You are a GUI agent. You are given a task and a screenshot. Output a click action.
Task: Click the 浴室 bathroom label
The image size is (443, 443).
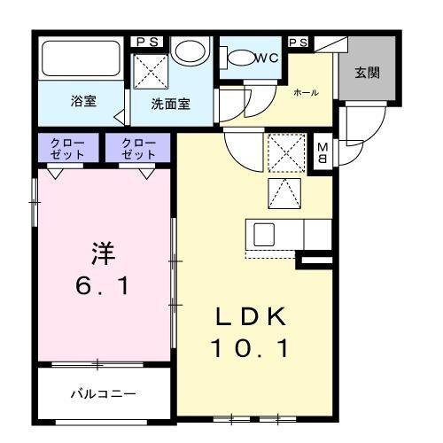click(x=84, y=102)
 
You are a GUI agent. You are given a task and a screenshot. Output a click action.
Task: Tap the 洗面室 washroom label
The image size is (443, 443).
click(x=170, y=103)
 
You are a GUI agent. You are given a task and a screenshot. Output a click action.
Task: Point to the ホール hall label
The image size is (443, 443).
click(x=307, y=92)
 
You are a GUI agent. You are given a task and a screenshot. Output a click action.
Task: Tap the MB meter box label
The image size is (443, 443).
click(x=323, y=154)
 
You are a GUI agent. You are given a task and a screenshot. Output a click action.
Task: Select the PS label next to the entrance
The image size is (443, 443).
click(x=299, y=42)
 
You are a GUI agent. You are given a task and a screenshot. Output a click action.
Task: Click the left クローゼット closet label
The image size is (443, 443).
click(x=67, y=148)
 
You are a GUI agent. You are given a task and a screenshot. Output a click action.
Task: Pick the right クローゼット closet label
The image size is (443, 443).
click(x=138, y=148)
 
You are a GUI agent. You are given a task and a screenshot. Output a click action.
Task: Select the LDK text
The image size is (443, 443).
click(x=249, y=317)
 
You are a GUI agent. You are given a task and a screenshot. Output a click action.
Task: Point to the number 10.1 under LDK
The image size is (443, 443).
click(x=249, y=350)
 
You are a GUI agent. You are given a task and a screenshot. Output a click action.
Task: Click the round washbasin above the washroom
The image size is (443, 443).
click(x=187, y=51)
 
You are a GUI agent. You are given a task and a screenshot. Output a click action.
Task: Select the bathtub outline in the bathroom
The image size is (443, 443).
click(x=81, y=59)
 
